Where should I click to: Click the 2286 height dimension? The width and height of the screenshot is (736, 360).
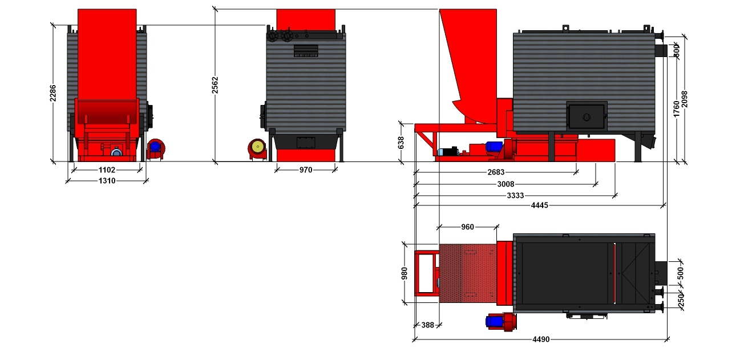52,94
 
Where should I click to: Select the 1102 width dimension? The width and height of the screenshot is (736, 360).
107,170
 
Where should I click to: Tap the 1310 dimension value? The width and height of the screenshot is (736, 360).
107,181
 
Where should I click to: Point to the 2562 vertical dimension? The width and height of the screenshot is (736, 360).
215,85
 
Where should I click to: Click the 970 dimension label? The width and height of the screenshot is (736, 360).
306,170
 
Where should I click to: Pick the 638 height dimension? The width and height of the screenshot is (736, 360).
401,143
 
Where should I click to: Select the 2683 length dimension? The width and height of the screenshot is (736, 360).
496,172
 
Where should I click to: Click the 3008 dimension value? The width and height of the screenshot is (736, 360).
506,184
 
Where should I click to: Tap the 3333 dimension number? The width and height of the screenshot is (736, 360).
515,196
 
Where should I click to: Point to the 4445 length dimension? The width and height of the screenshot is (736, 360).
540,205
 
